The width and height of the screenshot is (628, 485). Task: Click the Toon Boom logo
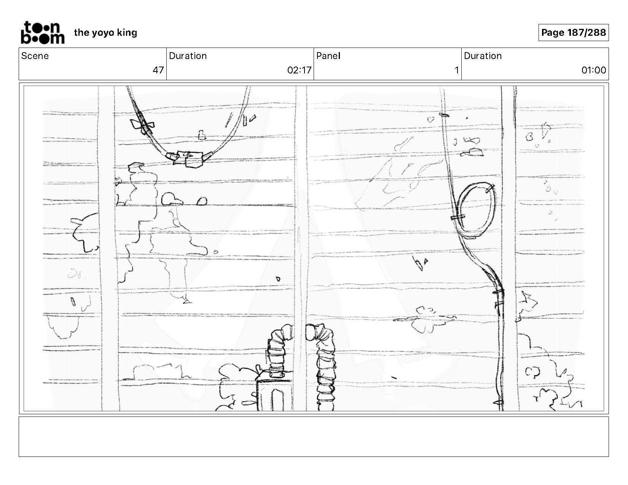[x=43, y=33]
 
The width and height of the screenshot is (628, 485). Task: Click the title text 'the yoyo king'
[x=105, y=33]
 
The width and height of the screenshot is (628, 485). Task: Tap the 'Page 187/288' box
[x=573, y=32]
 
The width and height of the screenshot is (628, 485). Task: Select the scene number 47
[x=158, y=70]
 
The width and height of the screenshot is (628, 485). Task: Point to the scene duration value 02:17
[x=299, y=70]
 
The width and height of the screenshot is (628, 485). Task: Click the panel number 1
[x=457, y=70]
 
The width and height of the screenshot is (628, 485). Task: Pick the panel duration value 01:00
[x=594, y=70]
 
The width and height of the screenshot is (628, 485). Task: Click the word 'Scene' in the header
[x=35, y=56]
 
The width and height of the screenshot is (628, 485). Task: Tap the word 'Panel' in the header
[x=328, y=56]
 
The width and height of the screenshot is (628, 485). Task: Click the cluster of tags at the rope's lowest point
[x=187, y=159]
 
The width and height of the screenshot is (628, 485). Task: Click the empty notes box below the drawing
[x=314, y=436]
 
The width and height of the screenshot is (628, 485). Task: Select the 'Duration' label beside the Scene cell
[x=188, y=56]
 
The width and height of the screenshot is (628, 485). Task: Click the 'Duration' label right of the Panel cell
[x=483, y=56]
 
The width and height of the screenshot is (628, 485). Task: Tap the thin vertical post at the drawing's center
[x=301, y=248]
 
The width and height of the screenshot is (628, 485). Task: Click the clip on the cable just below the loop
[x=459, y=217]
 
